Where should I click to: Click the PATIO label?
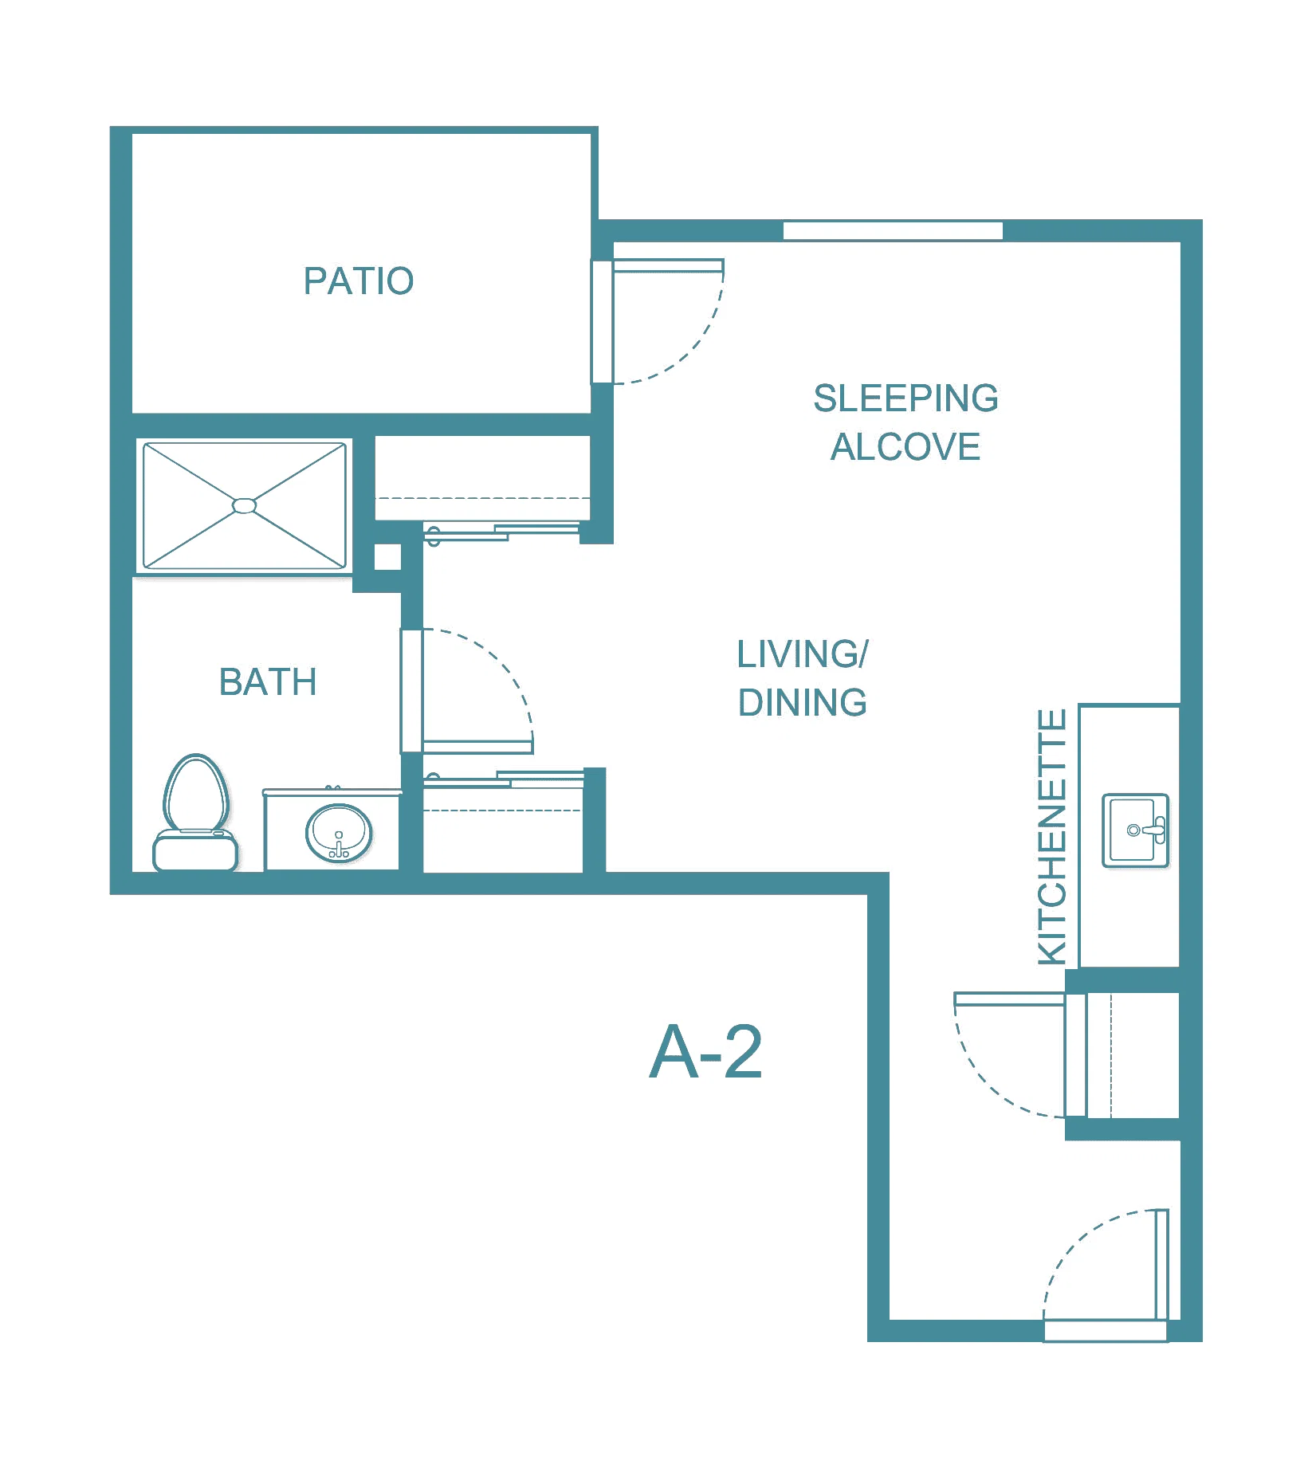(359, 281)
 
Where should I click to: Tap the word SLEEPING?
(905, 398)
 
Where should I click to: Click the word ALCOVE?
(905, 446)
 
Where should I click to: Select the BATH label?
(268, 682)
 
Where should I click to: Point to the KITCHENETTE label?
(1052, 837)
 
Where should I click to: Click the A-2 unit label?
(706, 1052)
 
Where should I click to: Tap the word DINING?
(803, 702)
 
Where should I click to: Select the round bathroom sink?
(339, 833)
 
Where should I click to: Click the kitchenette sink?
(1135, 830)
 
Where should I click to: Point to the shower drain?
(244, 505)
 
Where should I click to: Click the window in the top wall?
(893, 230)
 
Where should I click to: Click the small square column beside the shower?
(387, 557)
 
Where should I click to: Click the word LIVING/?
(803, 654)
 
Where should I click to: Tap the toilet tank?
(195, 851)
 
